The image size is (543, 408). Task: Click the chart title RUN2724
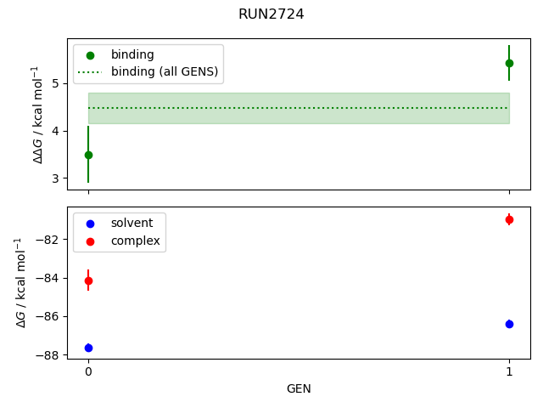pos(271,14)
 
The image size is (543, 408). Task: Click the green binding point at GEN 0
pos(88,155)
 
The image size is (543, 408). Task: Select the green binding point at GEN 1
pos(509,63)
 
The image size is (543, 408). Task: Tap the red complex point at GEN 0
pos(88,280)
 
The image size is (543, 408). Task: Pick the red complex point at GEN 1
pos(509,219)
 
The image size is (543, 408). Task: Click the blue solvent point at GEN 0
pos(88,348)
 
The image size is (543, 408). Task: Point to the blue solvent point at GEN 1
pos(509,324)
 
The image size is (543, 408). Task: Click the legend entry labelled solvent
pos(132,223)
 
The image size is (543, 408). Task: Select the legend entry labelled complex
pos(135,241)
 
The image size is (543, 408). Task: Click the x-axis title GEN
pos(299,388)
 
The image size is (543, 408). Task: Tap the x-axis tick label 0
pos(88,371)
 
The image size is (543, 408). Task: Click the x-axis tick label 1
pos(509,371)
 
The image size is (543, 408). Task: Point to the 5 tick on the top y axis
pos(54,83)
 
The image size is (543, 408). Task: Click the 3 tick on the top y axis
pos(54,178)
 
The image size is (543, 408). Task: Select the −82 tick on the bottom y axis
pos(48,239)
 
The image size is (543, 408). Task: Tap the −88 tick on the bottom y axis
pos(48,355)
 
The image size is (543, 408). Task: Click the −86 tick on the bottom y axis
pos(48,316)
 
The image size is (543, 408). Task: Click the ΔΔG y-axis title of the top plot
pos(36,114)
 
